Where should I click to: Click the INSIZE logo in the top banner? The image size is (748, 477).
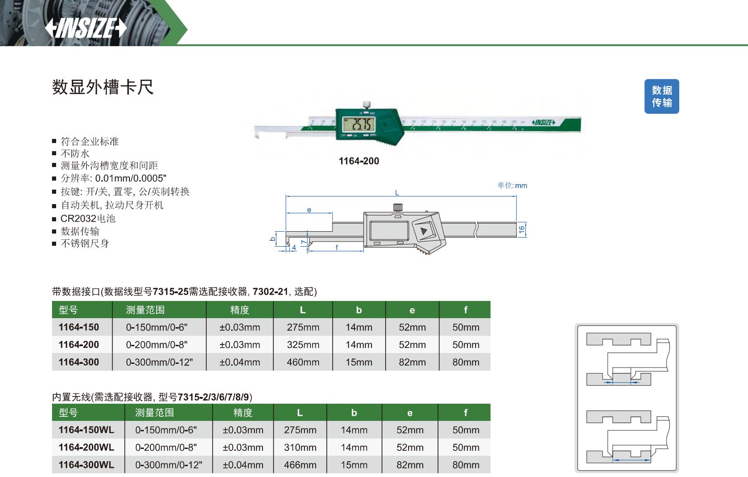coord(86,28)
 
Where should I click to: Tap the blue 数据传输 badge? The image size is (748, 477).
coord(662,96)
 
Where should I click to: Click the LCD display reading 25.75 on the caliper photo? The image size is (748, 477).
coord(357,124)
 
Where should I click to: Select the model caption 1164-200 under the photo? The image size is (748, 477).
coord(359,161)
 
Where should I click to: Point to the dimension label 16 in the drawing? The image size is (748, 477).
coord(522,229)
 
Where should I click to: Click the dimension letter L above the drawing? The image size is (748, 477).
coord(397,193)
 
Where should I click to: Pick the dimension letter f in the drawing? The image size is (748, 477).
coord(337,247)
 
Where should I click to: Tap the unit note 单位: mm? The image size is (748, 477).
coord(512,186)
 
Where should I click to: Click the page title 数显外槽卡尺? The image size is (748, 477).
coord(103,87)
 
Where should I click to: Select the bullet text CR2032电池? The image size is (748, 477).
coord(88,219)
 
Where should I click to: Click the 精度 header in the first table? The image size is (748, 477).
coord(239,310)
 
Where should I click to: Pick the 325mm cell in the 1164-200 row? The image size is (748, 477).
coord(303,345)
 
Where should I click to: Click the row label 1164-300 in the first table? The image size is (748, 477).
coord(79,362)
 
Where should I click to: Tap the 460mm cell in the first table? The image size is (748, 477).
coord(303,362)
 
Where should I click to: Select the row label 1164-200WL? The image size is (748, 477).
coord(86,448)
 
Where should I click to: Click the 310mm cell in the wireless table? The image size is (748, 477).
coord(300,448)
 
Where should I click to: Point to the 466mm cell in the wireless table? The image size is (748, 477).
coord(300,465)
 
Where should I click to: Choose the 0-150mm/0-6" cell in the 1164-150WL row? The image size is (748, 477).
coord(166,430)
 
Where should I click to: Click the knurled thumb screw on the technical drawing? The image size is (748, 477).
coord(397,208)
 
